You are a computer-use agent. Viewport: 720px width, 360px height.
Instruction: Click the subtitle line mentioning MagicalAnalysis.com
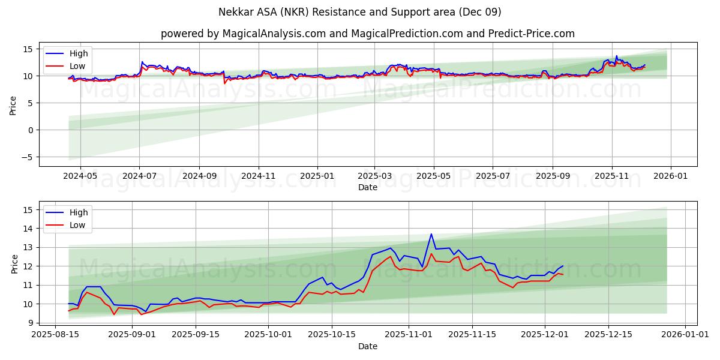(367, 34)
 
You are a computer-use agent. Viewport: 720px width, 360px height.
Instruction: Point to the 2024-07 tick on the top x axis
(139, 177)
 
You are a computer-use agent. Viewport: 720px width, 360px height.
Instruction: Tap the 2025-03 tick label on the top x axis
(374, 177)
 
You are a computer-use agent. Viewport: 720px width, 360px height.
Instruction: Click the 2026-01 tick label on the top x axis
(670, 177)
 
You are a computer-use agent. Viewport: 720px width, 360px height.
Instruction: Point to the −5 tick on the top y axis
(28, 157)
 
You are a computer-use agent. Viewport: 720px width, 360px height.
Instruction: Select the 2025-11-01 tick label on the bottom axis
(408, 334)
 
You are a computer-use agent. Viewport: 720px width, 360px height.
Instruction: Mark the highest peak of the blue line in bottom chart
(431, 234)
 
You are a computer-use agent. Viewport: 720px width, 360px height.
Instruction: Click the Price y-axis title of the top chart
(13, 106)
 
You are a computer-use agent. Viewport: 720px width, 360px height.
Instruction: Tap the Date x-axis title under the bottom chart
(367, 346)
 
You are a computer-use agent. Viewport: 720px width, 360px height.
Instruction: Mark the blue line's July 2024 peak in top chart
(142, 62)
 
